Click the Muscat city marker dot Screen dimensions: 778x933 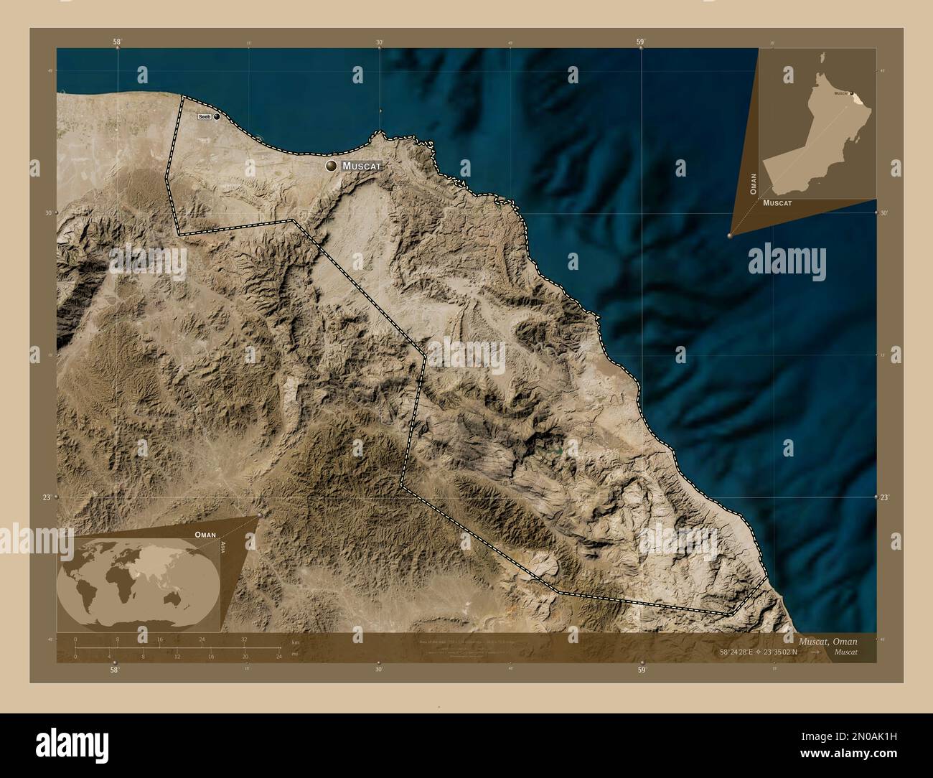331,166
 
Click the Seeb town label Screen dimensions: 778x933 205,117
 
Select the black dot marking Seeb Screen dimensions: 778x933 216,117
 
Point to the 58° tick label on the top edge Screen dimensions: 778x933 116,42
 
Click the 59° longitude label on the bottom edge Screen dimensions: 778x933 642,670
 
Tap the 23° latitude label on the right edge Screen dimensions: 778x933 885,497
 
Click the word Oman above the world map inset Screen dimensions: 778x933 205,535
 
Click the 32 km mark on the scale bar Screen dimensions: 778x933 244,639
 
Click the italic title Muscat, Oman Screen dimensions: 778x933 826,639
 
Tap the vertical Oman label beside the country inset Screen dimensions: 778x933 753,184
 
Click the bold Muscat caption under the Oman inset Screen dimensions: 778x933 777,203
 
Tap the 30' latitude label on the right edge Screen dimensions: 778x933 885,212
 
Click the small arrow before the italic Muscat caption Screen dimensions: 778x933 815,652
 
